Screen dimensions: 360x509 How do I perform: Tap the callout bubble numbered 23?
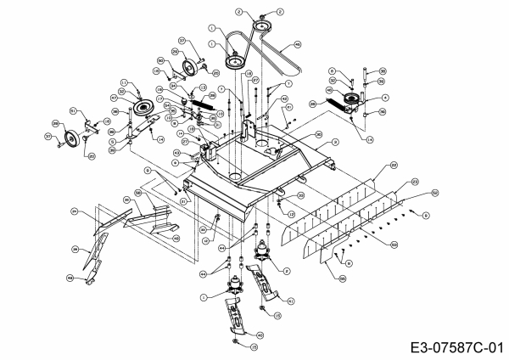pyautogui.click(x=415, y=181)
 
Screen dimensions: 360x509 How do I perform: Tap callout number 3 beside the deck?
pyautogui.click(x=334, y=142)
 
